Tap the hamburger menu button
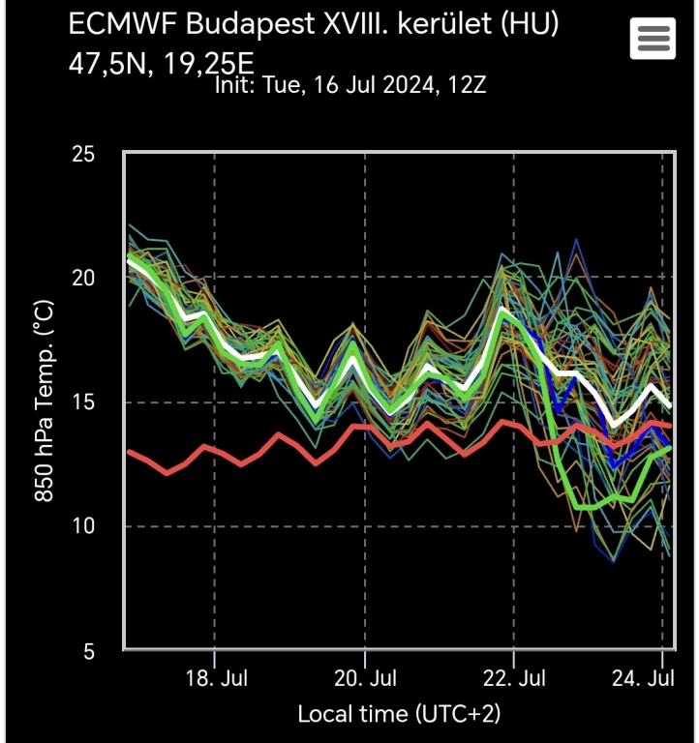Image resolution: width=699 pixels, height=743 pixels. [653, 39]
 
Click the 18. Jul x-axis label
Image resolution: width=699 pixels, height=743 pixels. [215, 676]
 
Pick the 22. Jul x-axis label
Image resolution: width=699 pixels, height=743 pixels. [514, 676]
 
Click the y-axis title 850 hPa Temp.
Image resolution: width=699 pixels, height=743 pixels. [44, 401]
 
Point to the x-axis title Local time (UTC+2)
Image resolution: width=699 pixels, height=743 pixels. [399, 715]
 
